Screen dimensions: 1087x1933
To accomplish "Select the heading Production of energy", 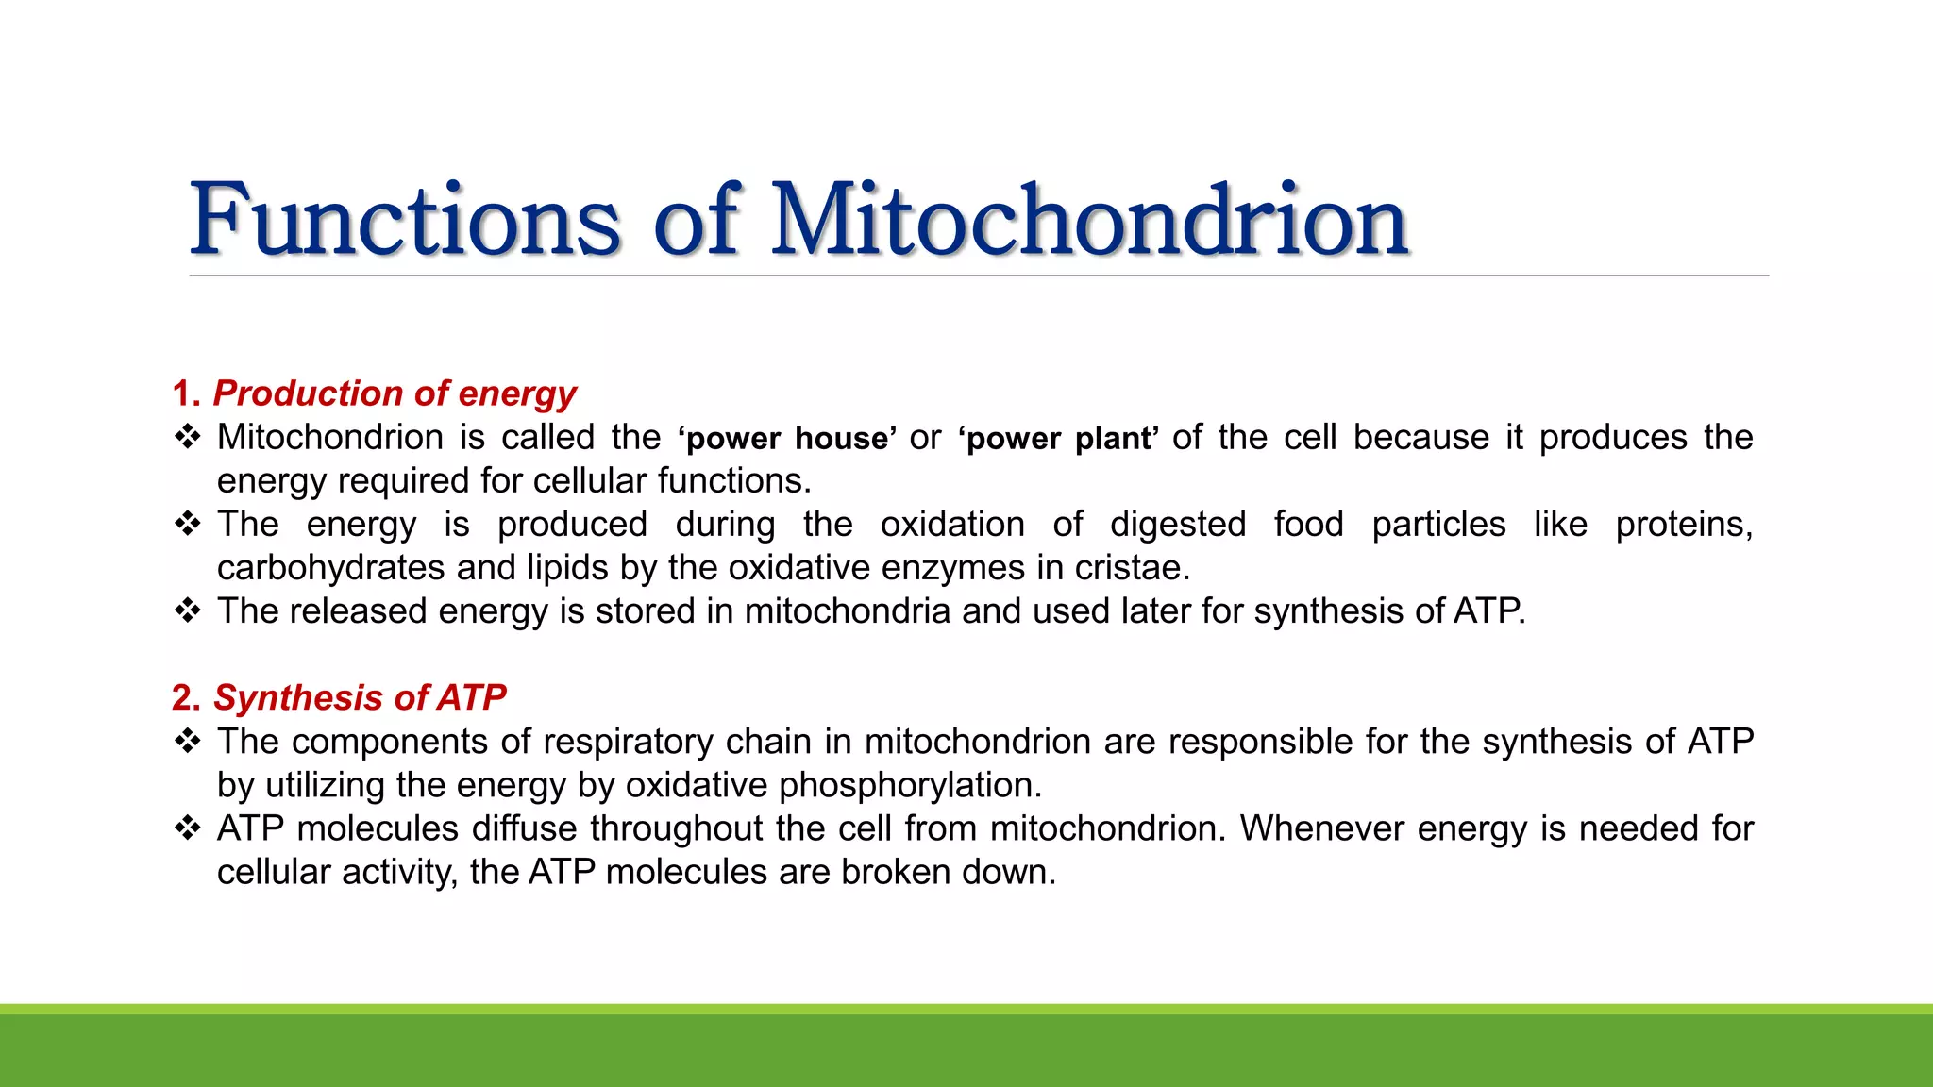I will tap(395, 393).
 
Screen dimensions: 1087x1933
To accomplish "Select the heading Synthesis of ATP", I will tap(360, 698).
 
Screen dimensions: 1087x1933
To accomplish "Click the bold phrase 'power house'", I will tap(787, 439).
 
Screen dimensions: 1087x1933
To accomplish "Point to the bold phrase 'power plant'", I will tap(1058, 439).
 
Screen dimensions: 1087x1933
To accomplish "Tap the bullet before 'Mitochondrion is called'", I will tap(188, 437).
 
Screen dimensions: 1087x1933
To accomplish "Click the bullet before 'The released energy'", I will tap(188, 610).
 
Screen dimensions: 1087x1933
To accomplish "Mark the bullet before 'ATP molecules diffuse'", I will tap(188, 828).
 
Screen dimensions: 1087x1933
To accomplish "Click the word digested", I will tap(1177, 525).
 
